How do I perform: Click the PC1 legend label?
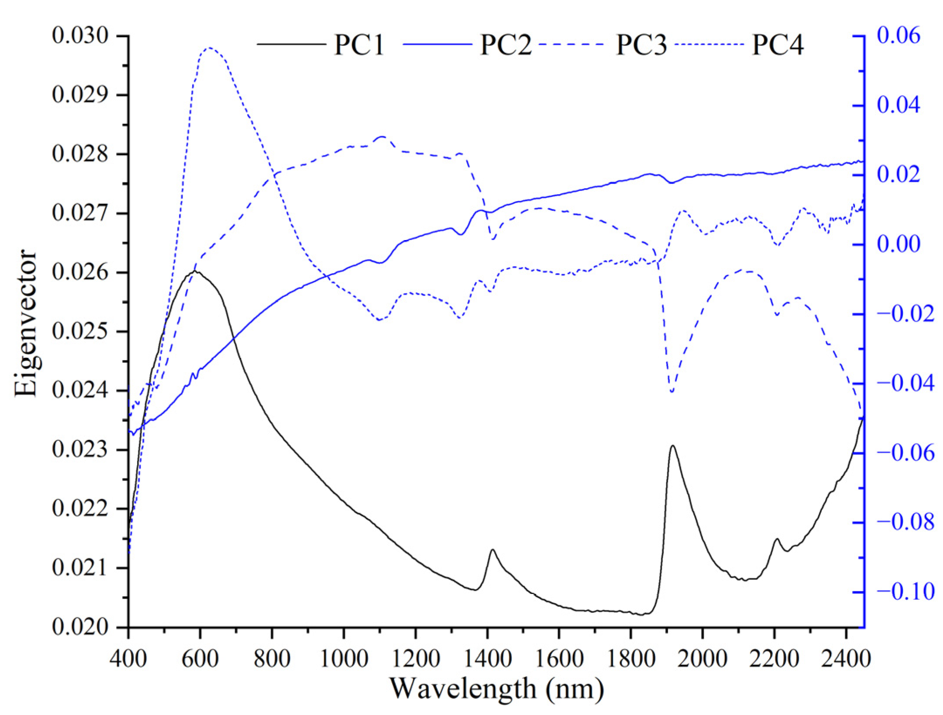359,45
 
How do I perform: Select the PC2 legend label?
506,45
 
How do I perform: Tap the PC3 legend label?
641,45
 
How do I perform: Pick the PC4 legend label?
778,45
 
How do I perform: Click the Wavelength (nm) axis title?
496,688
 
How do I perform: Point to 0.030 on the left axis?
79,36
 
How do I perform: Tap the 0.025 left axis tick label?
79,332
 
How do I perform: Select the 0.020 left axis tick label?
79,627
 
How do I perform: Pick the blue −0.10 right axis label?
905,592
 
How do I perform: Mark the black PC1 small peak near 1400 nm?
492,550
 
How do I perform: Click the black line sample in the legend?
291,45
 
